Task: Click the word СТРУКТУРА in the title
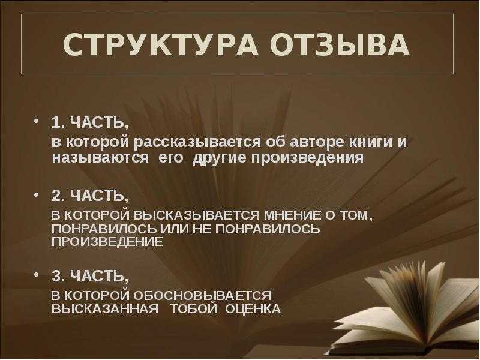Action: tap(160, 44)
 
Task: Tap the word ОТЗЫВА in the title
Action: tap(340, 44)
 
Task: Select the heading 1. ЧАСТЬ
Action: tap(90, 123)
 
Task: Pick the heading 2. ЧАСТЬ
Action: tap(90, 196)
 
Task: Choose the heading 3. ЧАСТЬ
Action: tap(90, 276)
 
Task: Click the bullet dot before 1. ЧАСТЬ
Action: tap(37, 121)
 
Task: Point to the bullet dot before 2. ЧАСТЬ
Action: tap(37, 194)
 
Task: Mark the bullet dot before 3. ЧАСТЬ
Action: tap(37, 274)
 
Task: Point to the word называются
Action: tap(101, 158)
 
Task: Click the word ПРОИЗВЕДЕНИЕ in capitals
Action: tap(107, 242)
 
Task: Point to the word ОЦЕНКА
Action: tap(253, 309)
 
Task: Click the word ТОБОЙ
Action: tap(194, 308)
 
